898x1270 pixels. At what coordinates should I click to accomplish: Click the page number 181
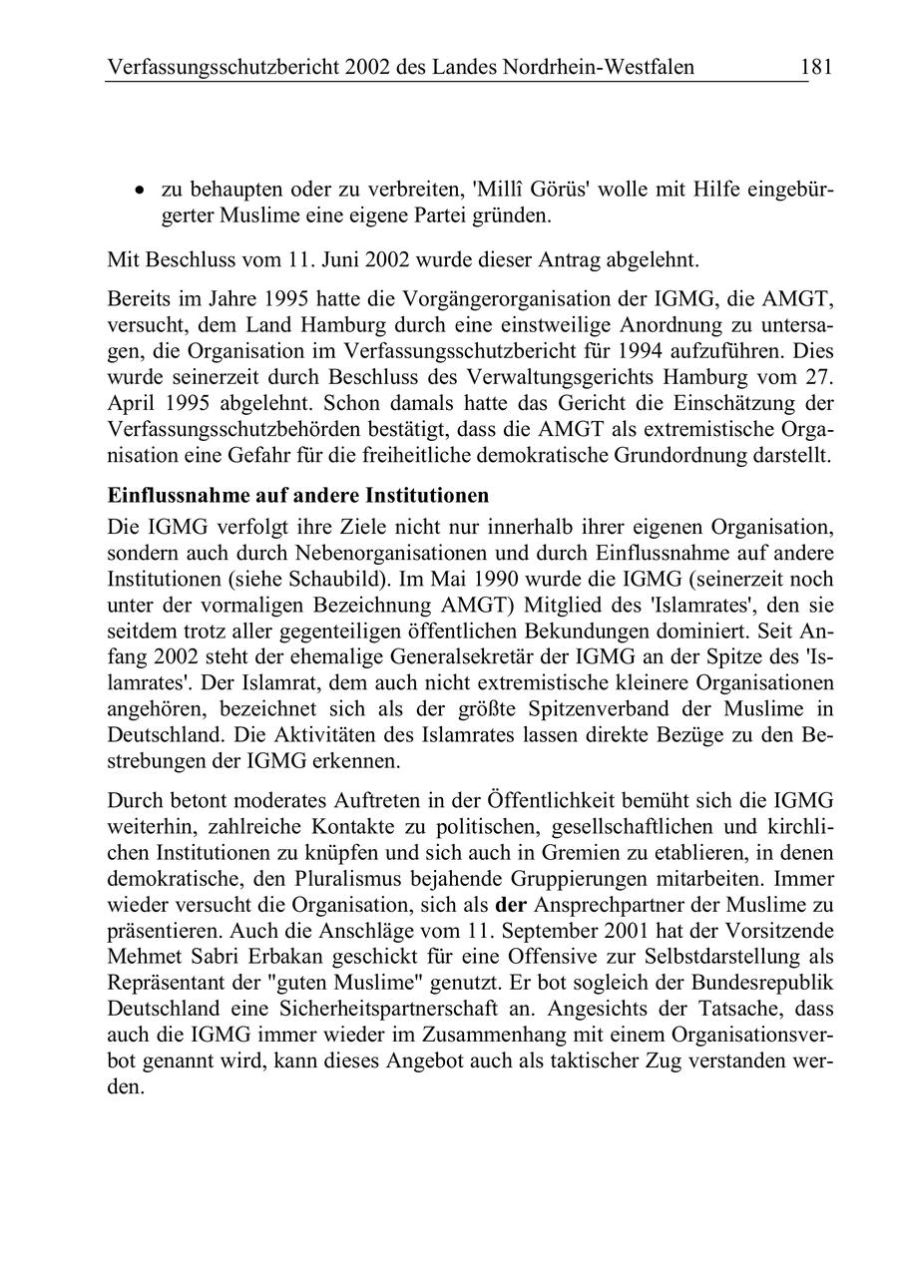pos(815,67)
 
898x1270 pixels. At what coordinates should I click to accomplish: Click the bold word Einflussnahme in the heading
pos(175,496)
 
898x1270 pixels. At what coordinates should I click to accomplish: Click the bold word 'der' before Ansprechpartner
pos(512,907)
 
